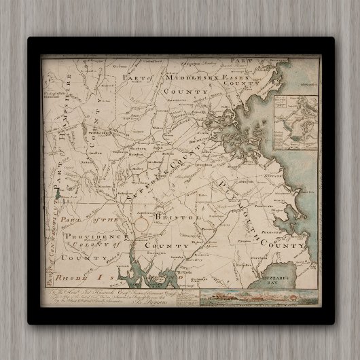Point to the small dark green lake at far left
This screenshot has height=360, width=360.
coord(60,195)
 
